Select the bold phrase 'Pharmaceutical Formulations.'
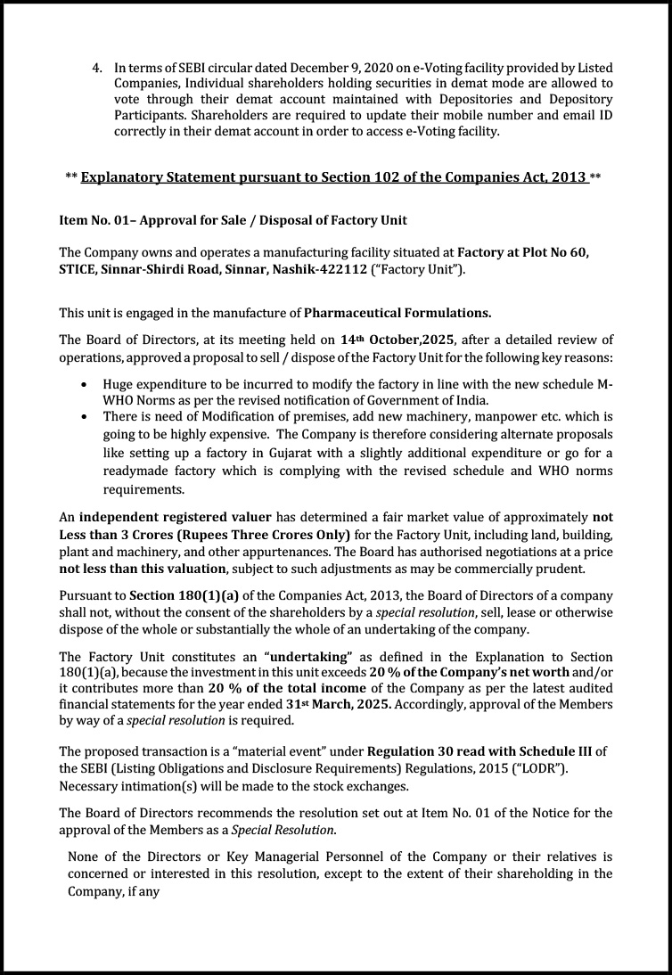pyautogui.click(x=397, y=313)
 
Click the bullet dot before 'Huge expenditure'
pyautogui.click(x=84, y=384)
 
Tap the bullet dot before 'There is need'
pyautogui.click(x=84, y=416)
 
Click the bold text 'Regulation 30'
pyautogui.click(x=409, y=751)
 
